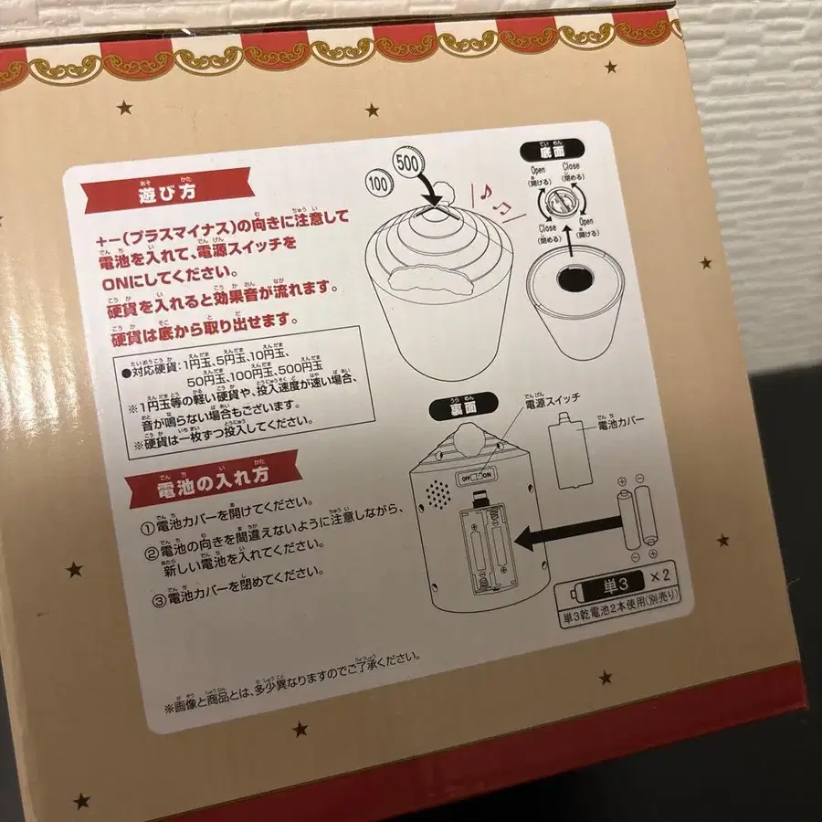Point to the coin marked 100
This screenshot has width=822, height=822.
[377, 182]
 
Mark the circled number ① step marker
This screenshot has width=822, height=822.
[147, 527]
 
